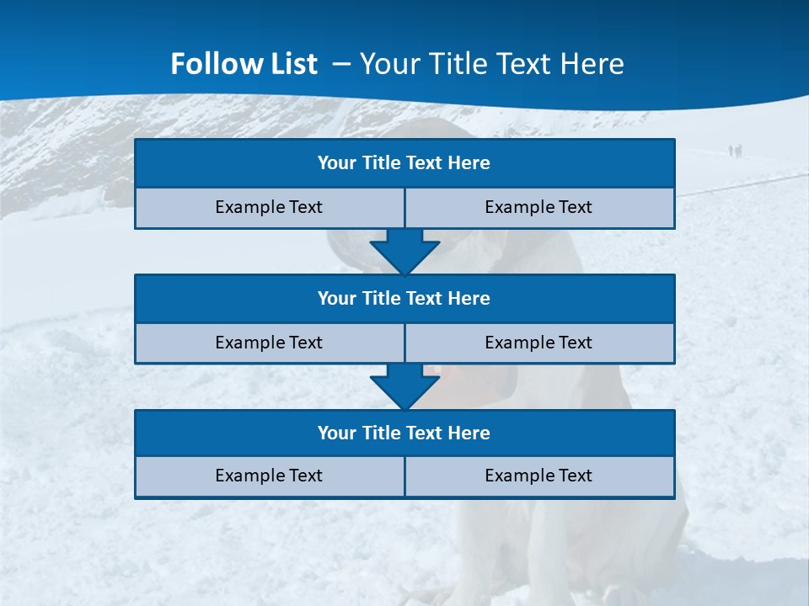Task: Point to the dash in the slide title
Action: [x=341, y=64]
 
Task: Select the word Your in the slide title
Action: [x=388, y=64]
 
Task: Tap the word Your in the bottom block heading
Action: [x=337, y=433]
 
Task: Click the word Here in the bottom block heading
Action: [x=469, y=433]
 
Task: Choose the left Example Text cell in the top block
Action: [x=270, y=207]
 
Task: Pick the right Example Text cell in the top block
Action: [x=539, y=207]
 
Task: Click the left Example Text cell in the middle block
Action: [x=270, y=343]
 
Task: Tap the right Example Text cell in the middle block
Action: [x=539, y=343]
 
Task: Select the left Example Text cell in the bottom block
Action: [x=270, y=476]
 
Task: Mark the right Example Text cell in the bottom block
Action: [x=539, y=476]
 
